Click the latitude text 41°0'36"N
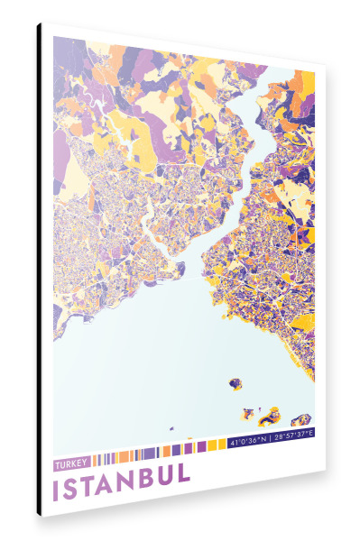tap(247, 444)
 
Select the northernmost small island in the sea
tap(235, 384)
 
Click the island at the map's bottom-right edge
tap(301, 420)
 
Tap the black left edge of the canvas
tap(39, 270)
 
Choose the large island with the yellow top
tap(269, 417)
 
